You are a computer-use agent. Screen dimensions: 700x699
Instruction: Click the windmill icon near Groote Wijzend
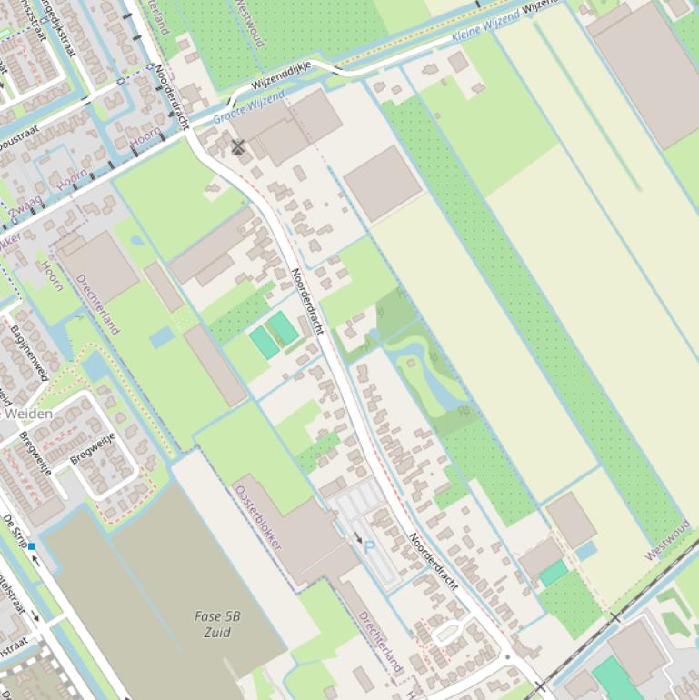238,147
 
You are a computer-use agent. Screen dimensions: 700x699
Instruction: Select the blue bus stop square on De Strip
32,546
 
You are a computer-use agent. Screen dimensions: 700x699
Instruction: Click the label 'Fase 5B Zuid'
217,624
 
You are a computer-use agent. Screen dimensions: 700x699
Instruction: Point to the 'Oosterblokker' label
258,518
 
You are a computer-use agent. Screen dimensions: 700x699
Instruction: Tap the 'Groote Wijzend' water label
249,107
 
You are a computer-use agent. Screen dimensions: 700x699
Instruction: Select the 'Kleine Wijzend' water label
485,27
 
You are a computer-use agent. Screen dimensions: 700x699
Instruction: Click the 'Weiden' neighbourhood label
28,414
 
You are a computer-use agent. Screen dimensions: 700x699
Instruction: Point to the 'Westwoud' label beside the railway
668,540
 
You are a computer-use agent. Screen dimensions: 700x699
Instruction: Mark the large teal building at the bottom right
619,680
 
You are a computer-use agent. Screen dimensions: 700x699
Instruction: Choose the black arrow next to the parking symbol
357,539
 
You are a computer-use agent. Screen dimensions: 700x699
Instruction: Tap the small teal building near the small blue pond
554,573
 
